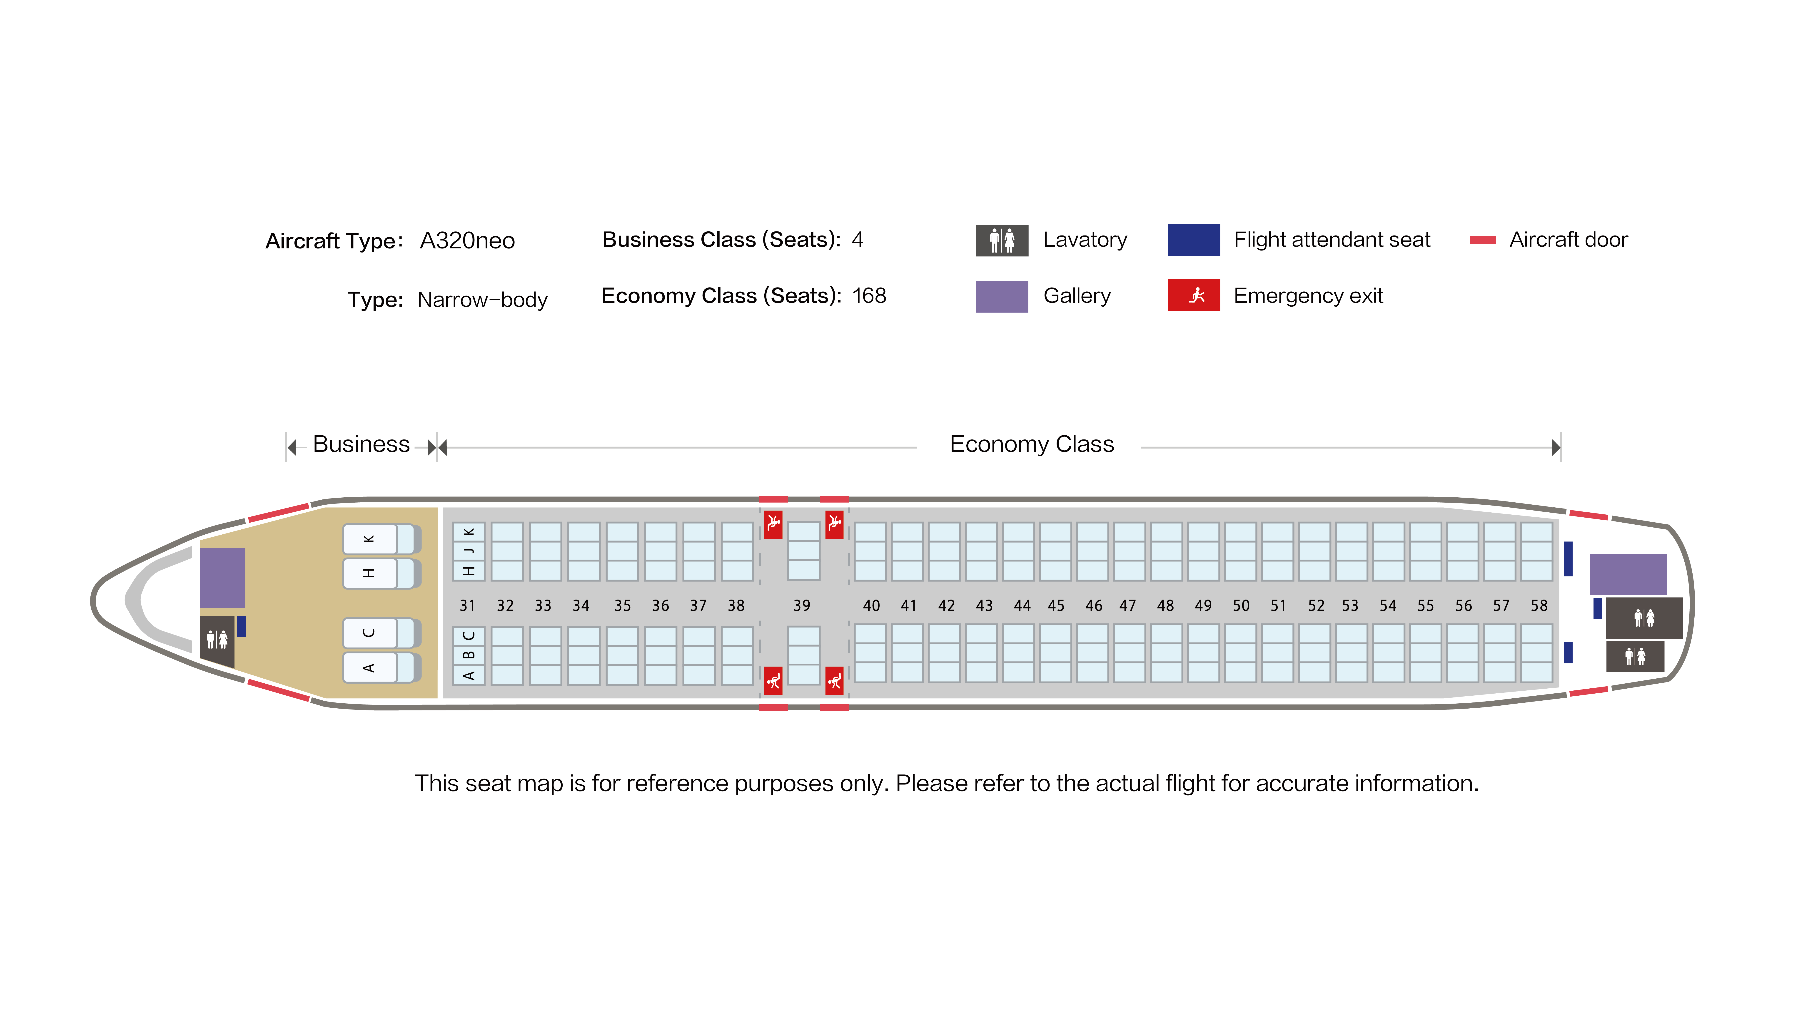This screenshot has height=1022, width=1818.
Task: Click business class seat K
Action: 381,540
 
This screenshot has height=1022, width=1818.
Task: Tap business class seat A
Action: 381,667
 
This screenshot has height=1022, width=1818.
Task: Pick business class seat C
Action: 381,633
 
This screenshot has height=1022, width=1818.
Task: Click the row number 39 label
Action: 802,606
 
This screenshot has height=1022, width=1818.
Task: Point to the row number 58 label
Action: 1539,606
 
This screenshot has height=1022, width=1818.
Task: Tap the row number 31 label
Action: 467,606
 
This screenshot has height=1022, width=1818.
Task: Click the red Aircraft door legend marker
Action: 1483,241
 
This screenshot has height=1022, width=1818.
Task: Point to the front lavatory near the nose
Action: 217,640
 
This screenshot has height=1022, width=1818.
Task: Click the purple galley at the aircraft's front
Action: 222,578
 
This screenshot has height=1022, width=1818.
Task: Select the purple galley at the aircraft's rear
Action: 1628,574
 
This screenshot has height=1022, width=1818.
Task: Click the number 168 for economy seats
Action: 869,295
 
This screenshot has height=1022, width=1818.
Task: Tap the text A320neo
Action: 467,241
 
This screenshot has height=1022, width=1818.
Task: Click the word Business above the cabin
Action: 361,444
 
